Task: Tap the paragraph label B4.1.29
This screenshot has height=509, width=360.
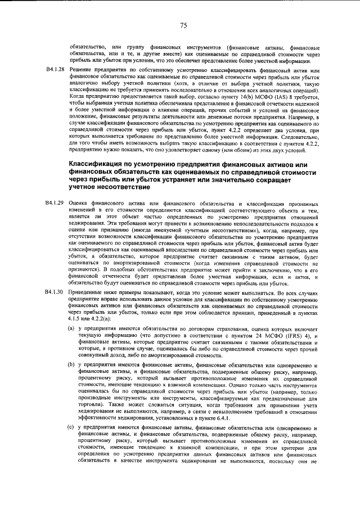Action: pos(54,201)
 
